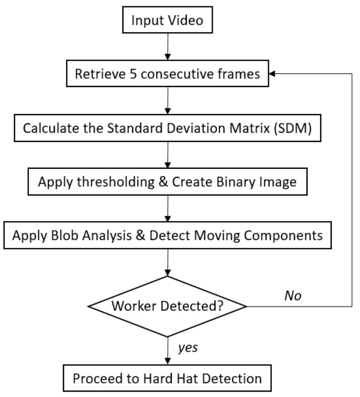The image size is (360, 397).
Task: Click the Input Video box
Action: pyautogui.click(x=167, y=21)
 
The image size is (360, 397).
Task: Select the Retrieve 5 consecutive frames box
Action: pyautogui.click(x=167, y=74)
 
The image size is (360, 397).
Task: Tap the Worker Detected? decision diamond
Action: pyautogui.click(x=167, y=306)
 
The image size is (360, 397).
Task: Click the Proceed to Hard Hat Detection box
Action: pyautogui.click(x=167, y=378)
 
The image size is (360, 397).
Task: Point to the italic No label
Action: pyautogui.click(x=293, y=296)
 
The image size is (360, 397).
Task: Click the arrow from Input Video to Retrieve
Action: pyautogui.click(x=167, y=48)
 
